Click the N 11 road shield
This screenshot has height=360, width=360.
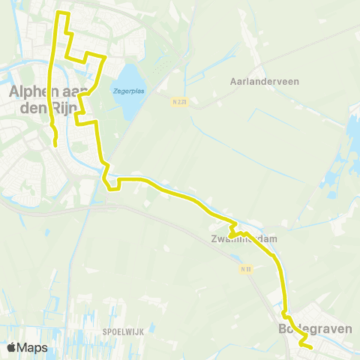(245, 268)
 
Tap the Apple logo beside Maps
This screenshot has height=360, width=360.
(12, 347)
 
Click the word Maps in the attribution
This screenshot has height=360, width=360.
(33, 347)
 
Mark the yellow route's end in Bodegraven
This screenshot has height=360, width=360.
(310, 346)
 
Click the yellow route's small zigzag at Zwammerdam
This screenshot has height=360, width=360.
(233, 228)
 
